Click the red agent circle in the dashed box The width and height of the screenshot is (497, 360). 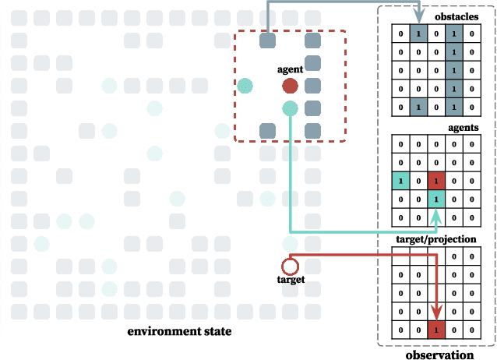tap(290, 85)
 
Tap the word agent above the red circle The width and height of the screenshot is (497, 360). tap(291, 69)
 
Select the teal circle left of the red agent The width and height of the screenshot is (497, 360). tap(245, 85)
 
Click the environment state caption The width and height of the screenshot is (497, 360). tap(179, 332)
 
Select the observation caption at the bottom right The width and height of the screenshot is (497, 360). tap(439, 355)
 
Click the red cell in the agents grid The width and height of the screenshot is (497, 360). tap(436, 181)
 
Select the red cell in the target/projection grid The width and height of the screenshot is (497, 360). tap(436, 330)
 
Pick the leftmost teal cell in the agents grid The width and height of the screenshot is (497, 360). tap(400, 181)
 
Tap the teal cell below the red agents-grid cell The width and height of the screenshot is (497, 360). tap(436, 199)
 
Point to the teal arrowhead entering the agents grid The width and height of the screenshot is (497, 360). tap(436, 224)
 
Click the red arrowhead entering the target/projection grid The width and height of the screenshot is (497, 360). tap(436, 315)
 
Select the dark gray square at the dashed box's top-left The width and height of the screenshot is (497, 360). tap(267, 41)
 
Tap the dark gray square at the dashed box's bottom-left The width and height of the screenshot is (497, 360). tap(267, 129)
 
